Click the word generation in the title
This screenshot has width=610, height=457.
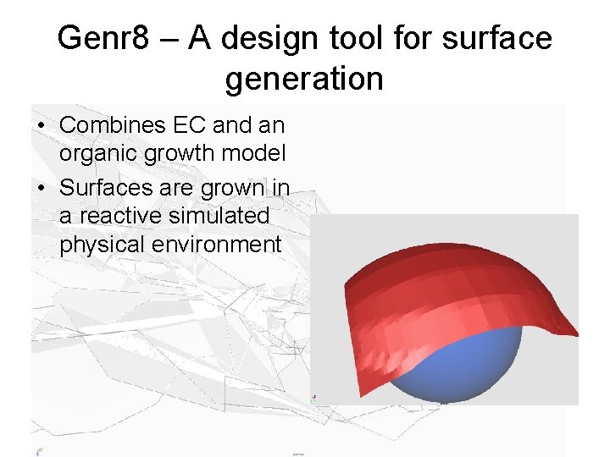304,79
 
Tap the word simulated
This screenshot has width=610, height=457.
219,216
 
